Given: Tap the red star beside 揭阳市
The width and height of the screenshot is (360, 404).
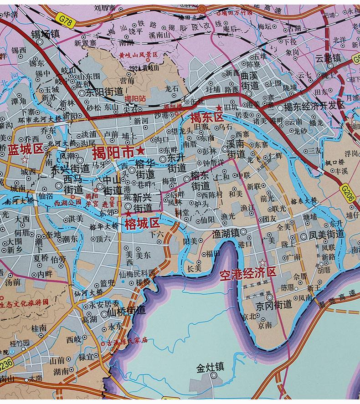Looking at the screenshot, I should tap(141, 151).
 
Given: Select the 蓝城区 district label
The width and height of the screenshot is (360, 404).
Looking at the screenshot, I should tap(25, 148).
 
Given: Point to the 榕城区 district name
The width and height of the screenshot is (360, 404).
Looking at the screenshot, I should tap(143, 223).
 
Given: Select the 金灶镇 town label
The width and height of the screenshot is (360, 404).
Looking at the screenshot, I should tap(210, 367).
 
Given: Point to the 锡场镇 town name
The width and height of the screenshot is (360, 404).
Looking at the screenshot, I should tap(45, 34).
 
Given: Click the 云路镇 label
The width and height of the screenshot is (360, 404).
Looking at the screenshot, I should tap(328, 58).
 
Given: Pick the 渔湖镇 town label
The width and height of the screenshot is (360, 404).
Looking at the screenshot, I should tap(225, 233).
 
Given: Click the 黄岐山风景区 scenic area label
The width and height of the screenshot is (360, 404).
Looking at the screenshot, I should tap(138, 54).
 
